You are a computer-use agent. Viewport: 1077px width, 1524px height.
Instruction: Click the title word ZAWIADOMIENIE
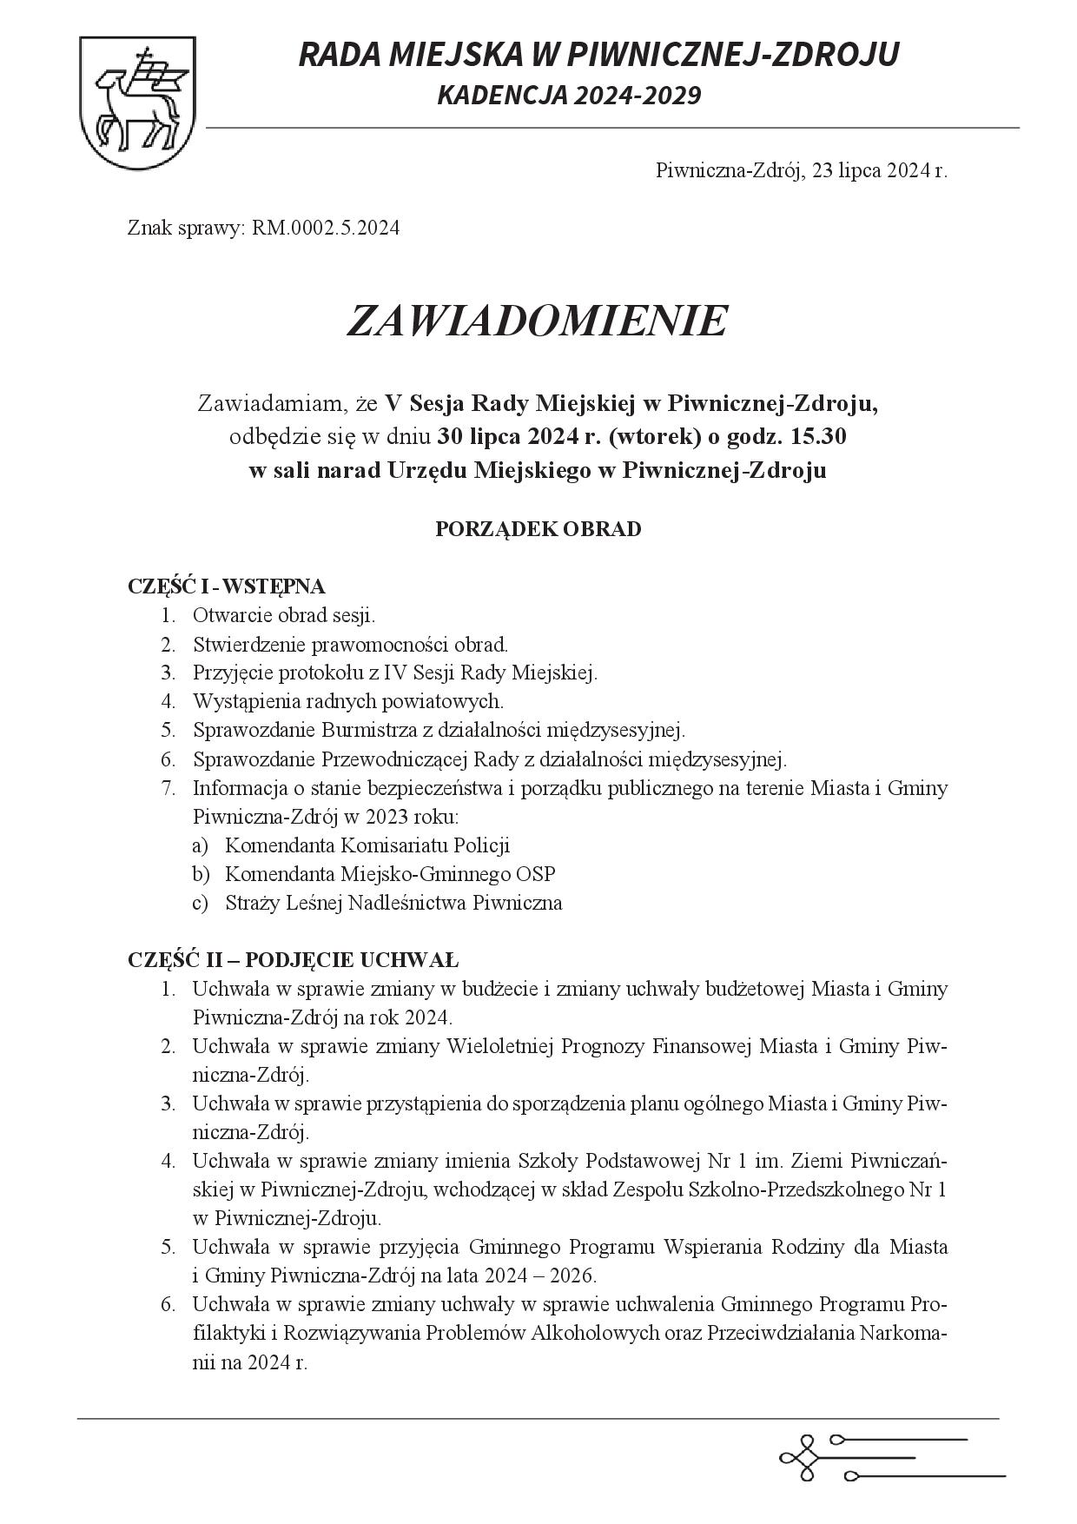coord(537,321)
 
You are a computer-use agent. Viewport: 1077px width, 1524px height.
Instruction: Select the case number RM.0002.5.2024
coord(326,229)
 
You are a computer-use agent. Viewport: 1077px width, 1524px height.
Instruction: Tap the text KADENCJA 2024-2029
coord(569,95)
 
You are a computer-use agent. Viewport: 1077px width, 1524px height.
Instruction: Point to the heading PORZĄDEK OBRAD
coord(538,528)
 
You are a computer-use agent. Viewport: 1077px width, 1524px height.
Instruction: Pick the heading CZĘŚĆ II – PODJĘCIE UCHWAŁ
coord(293,959)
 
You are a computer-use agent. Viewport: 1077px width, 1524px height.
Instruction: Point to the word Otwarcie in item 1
coord(228,615)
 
